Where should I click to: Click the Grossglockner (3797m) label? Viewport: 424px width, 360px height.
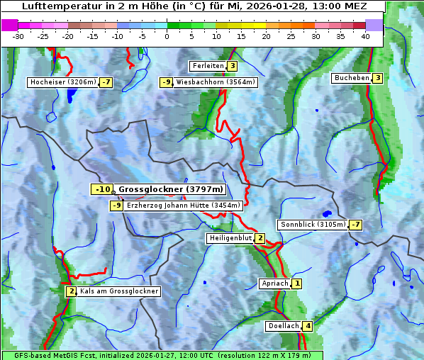pos(171,189)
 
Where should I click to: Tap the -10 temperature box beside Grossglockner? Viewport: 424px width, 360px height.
pos(102,189)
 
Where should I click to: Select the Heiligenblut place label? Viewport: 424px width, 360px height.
pos(230,238)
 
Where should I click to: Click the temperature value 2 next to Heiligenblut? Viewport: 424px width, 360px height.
pos(260,238)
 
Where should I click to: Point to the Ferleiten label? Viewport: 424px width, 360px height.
pos(208,66)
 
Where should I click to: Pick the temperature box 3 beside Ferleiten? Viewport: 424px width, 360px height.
pos(232,66)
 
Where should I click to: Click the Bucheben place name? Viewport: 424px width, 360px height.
pos(352,78)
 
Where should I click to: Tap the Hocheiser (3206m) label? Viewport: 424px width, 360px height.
pos(62,82)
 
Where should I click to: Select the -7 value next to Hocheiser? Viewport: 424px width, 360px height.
pos(106,82)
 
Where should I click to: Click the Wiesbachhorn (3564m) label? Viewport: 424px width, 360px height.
pos(216,82)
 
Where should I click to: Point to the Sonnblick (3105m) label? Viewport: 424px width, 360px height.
pos(313,225)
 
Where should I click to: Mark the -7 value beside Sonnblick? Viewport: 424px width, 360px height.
pos(356,225)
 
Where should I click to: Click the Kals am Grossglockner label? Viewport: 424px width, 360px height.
pos(119,291)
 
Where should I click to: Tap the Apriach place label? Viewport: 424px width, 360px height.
pos(274,283)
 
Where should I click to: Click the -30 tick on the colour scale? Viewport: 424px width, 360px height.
pos(18,36)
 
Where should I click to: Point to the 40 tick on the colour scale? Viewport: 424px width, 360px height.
pos(365,36)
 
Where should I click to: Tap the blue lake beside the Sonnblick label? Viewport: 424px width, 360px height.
pos(327,213)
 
